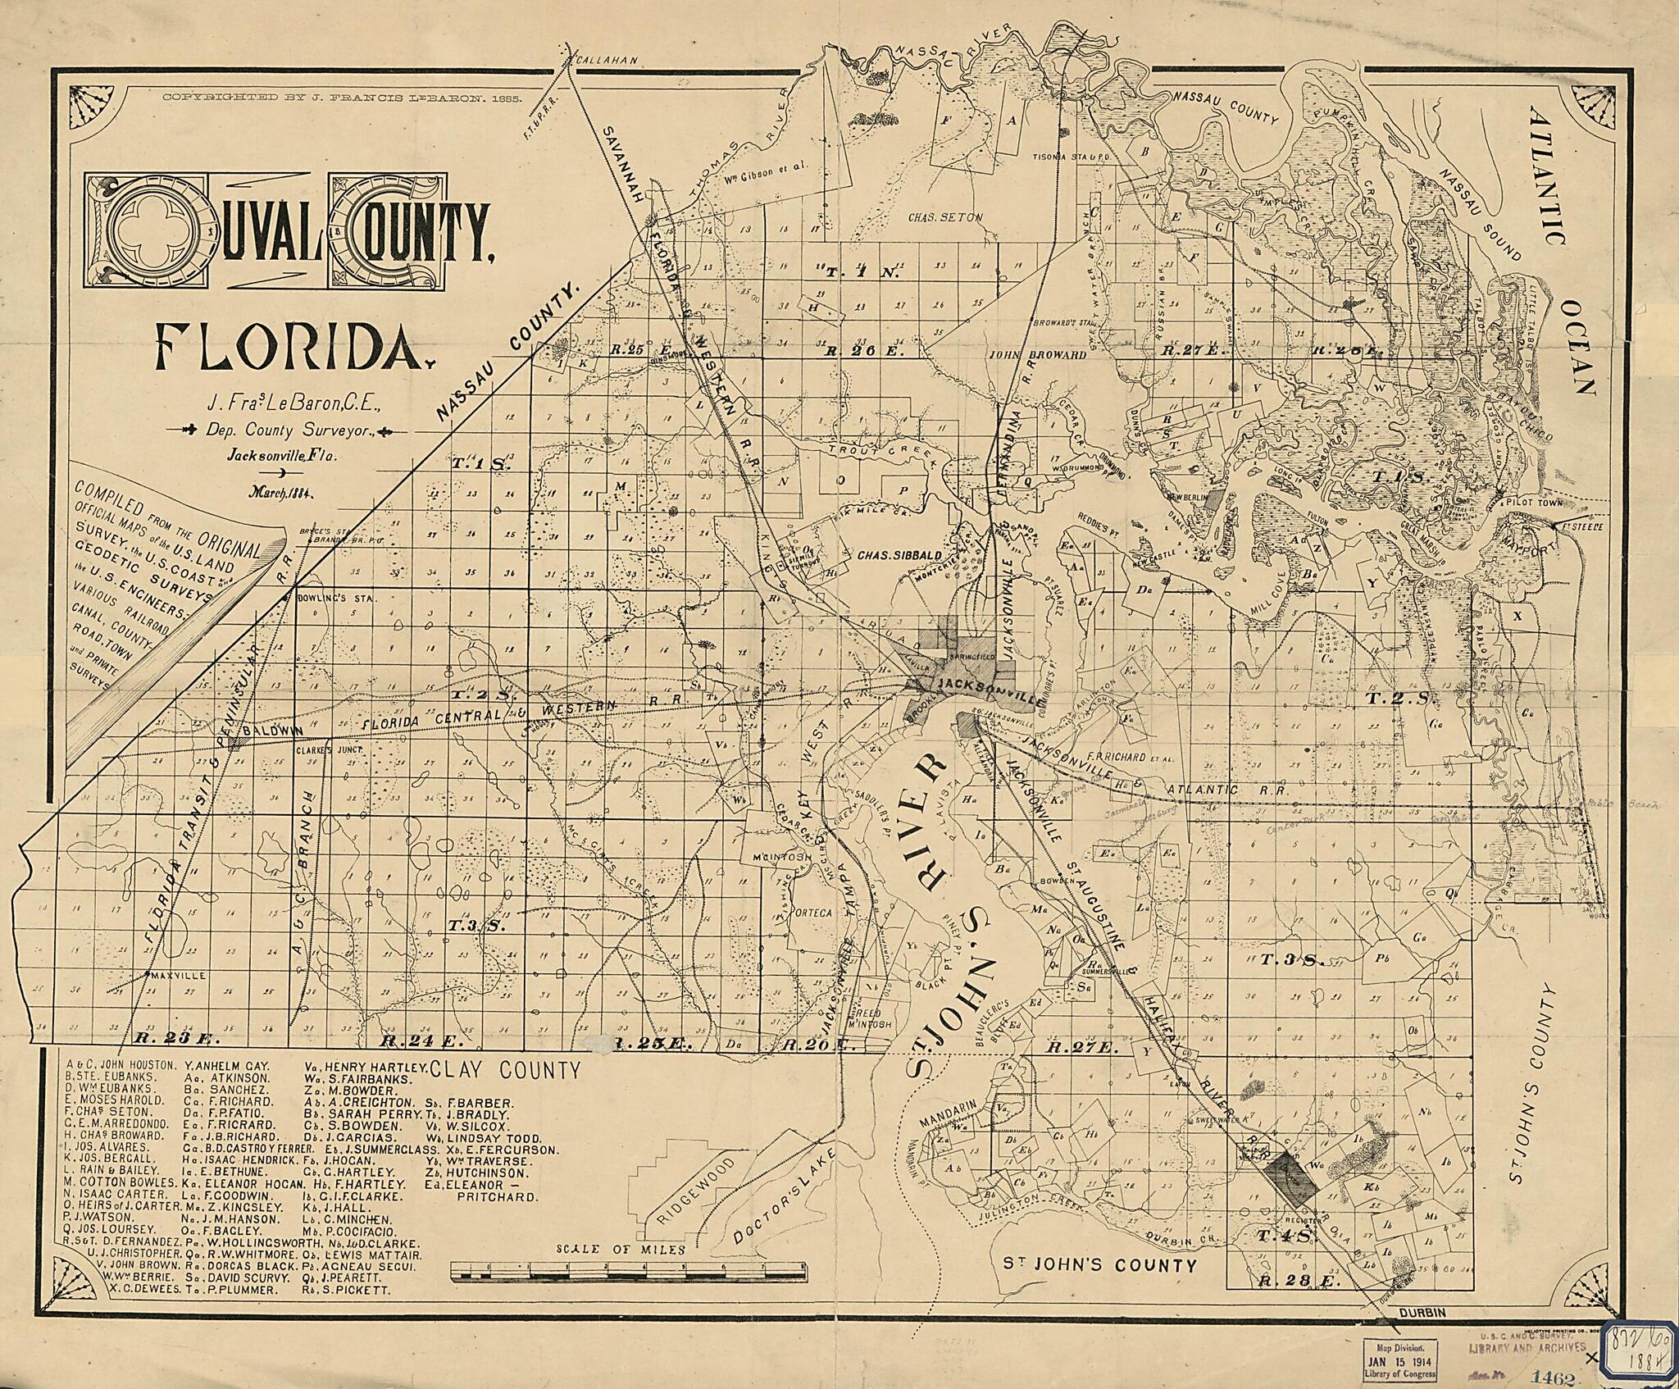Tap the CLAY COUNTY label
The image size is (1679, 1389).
pos(505,1070)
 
